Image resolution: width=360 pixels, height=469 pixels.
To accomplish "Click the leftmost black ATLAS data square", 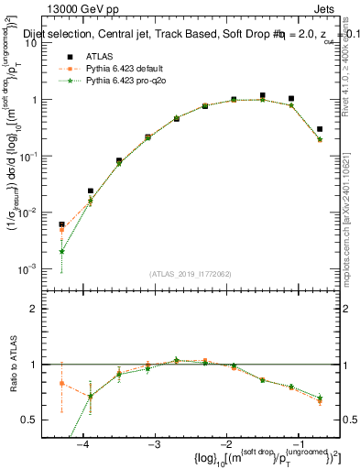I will point(61,224).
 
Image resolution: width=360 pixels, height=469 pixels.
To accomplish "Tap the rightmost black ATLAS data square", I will point(320,129).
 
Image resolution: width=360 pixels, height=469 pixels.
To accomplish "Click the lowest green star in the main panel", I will point(61,251).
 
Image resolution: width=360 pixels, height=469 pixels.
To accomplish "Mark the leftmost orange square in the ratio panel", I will point(61,383).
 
